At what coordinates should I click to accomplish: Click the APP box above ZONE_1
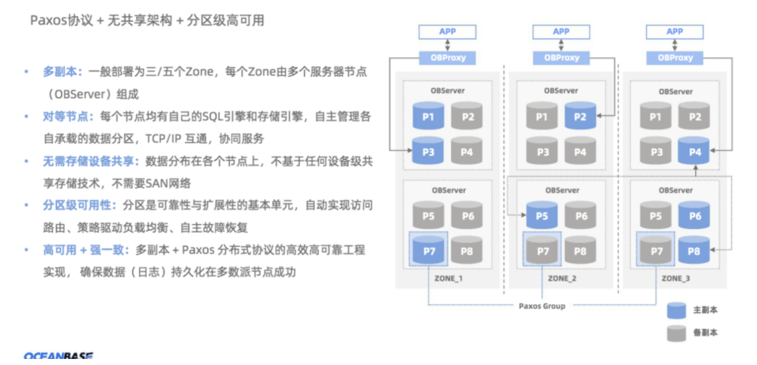tap(447, 32)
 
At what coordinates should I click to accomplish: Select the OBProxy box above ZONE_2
tap(561, 58)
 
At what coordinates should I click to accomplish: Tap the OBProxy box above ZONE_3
tap(675, 58)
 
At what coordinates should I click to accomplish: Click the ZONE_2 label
tap(562, 278)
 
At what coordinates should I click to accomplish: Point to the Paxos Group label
tap(542, 306)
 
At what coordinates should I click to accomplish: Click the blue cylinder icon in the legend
tap(676, 310)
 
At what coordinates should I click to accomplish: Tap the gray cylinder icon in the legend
tap(676, 333)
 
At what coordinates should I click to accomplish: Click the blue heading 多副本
tap(62, 72)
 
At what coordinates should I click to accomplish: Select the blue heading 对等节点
tap(67, 116)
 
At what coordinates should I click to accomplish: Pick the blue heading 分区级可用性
tap(79, 205)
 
